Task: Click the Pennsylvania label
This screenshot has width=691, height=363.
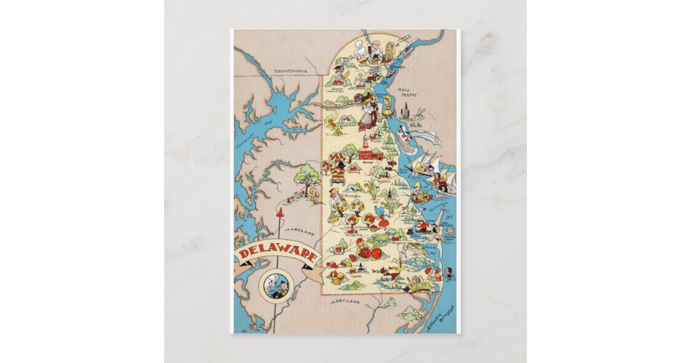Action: click(x=291, y=71)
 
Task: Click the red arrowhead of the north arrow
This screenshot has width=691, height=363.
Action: click(x=280, y=213)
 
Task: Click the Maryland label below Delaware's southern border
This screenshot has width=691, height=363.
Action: click(x=345, y=301)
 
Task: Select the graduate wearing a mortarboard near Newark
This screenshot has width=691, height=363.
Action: click(x=338, y=73)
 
